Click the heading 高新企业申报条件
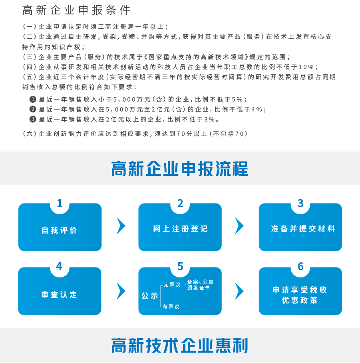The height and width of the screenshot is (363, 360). click(x=77, y=10)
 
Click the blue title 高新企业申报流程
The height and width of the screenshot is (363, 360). click(x=180, y=169)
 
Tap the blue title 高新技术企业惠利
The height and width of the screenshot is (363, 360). click(x=180, y=345)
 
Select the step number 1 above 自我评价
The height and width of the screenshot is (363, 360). click(x=60, y=203)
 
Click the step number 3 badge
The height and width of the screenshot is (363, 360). click(x=300, y=203)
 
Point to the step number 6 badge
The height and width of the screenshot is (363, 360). click(x=300, y=266)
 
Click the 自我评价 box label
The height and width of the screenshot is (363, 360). click(x=59, y=230)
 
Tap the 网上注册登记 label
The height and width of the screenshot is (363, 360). click(x=180, y=229)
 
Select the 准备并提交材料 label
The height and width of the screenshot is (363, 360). click(x=303, y=229)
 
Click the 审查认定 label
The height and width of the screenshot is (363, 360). click(x=59, y=295)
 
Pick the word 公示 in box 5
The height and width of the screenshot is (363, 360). click(x=150, y=295)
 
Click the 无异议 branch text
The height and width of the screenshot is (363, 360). click(x=172, y=285)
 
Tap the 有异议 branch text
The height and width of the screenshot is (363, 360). click(x=171, y=307)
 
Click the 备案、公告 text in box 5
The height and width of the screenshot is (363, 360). click(x=200, y=282)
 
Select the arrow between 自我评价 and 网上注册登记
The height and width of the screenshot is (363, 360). click(x=121, y=226)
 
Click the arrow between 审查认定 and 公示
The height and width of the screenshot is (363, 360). click(x=121, y=291)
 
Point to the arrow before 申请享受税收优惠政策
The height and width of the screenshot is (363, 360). click(x=239, y=291)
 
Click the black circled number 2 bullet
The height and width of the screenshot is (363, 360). click(x=33, y=109)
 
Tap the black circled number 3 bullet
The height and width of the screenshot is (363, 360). click(x=33, y=119)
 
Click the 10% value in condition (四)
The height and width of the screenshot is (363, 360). click(x=306, y=67)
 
